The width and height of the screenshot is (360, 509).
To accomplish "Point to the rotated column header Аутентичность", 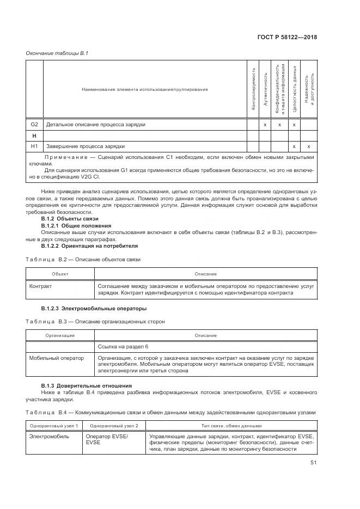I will pyautogui.click(x=265, y=89).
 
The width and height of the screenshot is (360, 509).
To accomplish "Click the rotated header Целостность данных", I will pyautogui.click(x=294, y=89).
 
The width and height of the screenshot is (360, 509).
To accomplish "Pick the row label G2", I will pyautogui.click(x=34, y=125).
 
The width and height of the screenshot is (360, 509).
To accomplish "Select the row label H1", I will pyautogui.click(x=34, y=146).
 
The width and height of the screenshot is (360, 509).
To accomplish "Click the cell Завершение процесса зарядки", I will pyautogui.click(x=86, y=146).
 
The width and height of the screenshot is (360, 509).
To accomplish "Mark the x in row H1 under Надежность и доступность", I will pyautogui.click(x=309, y=146).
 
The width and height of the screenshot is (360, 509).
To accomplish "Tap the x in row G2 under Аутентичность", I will pyautogui.click(x=265, y=125).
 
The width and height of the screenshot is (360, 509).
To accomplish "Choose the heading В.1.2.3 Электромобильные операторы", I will pyautogui.click(x=89, y=308).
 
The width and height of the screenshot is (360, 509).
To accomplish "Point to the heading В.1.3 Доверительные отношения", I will pyautogui.click(x=87, y=385).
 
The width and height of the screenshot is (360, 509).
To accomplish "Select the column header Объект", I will pyautogui.click(x=60, y=274).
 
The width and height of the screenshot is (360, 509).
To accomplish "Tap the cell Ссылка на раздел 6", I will pyautogui.click(x=123, y=346).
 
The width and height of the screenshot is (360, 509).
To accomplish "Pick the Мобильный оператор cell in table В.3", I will pyautogui.click(x=57, y=358).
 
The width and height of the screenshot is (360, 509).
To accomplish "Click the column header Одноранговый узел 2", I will pyautogui.click(x=114, y=425).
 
